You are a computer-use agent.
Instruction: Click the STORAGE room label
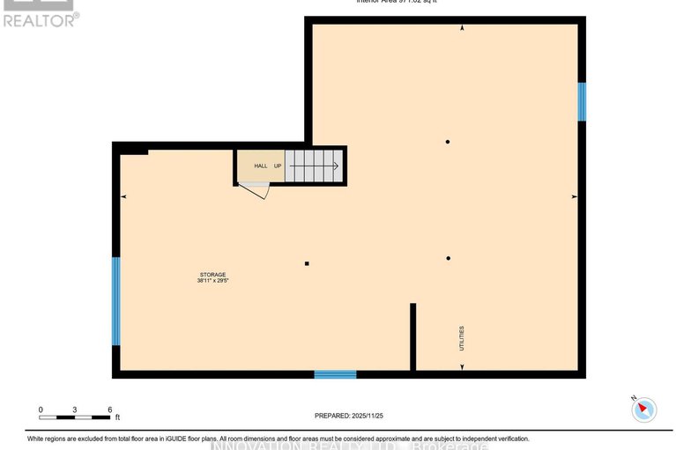(x=212, y=275)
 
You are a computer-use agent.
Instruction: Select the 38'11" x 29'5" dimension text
(x=212, y=282)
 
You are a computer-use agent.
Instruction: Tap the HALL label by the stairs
(x=261, y=166)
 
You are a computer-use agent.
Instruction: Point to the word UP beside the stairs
(x=278, y=166)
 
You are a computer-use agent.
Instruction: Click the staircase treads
(x=314, y=165)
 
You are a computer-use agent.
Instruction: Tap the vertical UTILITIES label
(x=461, y=339)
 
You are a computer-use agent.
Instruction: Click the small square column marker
(x=307, y=262)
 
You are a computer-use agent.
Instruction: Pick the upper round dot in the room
(x=448, y=142)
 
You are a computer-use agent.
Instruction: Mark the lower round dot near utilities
(x=449, y=258)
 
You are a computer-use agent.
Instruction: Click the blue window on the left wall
(x=115, y=300)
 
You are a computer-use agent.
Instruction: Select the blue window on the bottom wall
(x=336, y=374)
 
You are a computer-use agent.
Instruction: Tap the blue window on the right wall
(x=581, y=101)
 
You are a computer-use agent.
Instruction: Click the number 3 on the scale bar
(x=76, y=410)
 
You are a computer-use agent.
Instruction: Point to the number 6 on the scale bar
(x=108, y=410)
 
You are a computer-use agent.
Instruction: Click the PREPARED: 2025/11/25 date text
(x=351, y=416)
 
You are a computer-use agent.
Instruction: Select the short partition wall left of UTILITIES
(x=412, y=337)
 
